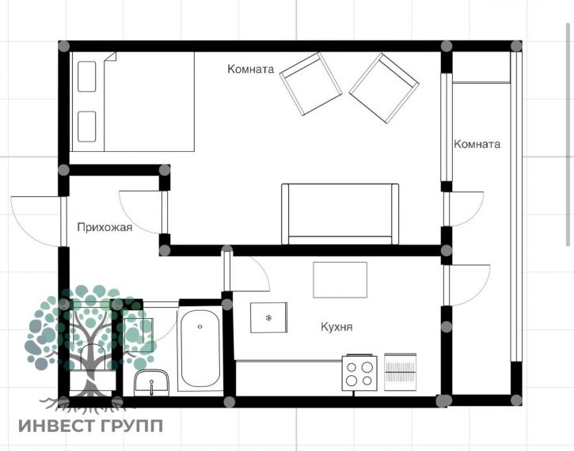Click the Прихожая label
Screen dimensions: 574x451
(105, 228)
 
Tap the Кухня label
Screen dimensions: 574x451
(336, 327)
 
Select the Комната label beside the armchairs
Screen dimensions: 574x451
(251, 69)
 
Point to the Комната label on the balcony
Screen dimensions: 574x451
(477, 144)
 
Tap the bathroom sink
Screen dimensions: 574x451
(151, 383)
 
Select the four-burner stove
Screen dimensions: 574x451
(359, 373)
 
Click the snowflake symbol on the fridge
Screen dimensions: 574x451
(268, 318)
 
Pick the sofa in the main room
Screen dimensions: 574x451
(340, 214)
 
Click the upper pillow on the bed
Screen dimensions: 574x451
(87, 77)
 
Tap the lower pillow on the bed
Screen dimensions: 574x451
(87, 127)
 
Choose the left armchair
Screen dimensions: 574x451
(310, 84)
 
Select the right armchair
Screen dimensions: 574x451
(384, 89)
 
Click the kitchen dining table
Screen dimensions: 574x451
(340, 280)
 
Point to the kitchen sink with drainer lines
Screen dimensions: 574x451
(400, 372)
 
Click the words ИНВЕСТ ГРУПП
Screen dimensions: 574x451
(91, 426)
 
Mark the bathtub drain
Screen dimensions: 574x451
(200, 327)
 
